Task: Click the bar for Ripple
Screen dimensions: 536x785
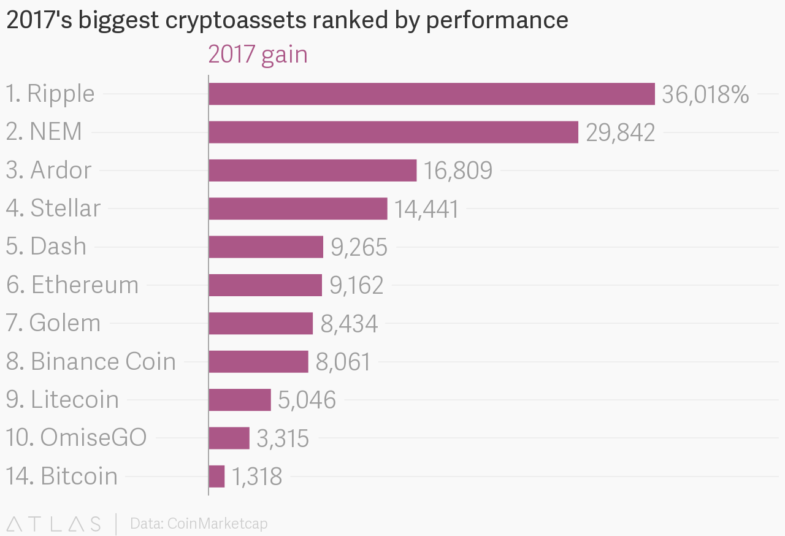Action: point(432,94)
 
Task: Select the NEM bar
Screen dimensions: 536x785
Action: point(393,132)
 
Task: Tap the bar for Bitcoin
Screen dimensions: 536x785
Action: point(216,477)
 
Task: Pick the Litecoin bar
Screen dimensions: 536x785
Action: point(240,400)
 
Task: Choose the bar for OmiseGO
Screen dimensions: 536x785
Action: point(229,438)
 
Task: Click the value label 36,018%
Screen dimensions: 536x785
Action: point(705,95)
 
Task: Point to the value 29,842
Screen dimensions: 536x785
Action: point(620,133)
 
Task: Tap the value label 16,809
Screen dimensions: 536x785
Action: point(458,171)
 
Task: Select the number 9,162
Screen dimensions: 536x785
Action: point(356,286)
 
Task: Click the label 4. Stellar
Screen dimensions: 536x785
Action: point(53,209)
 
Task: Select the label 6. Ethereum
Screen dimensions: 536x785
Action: point(72,285)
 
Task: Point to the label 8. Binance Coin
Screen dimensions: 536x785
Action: point(91,362)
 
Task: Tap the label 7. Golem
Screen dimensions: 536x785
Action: point(53,323)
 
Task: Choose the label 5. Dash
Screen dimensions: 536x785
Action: point(46,247)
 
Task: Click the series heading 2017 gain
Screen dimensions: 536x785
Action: point(258,55)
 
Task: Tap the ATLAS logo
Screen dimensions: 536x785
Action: point(53,524)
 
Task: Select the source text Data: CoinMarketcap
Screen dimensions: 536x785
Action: point(199,524)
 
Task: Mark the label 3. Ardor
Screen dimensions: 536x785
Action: point(48,170)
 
